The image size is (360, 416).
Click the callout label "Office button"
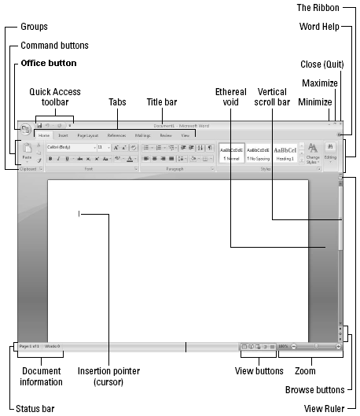click(x=49, y=63)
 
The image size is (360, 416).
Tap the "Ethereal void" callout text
click(x=231, y=98)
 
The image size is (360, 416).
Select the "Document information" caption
click(x=42, y=377)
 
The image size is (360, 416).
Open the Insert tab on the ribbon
click(x=62, y=136)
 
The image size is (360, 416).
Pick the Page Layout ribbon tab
click(x=88, y=136)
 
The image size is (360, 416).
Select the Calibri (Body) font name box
click(x=69, y=147)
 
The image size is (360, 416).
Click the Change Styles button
click(x=313, y=153)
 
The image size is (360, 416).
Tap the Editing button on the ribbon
click(x=331, y=153)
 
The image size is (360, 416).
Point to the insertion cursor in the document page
click(x=79, y=212)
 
